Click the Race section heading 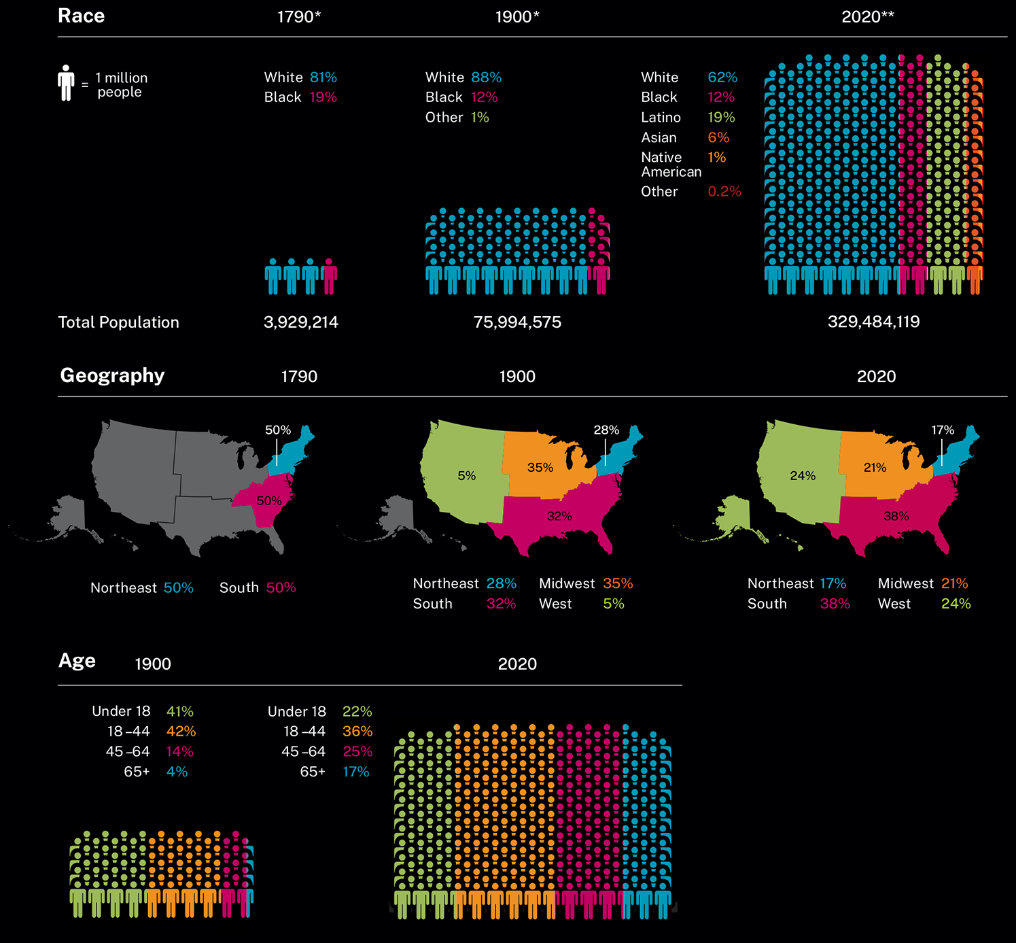tap(81, 16)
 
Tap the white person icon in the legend tap(66, 83)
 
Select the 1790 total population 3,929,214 tap(300, 322)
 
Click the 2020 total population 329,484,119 tap(873, 322)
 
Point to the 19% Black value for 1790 tap(323, 97)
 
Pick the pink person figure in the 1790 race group tap(330, 277)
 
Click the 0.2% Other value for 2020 tap(724, 192)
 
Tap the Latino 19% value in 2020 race tap(721, 118)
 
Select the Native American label tap(670, 165)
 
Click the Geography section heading tap(112, 375)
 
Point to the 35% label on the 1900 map tap(540, 468)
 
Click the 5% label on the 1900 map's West tap(466, 476)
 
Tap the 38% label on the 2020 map tap(896, 517)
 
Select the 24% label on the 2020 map tap(803, 476)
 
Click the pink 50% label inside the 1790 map tap(268, 501)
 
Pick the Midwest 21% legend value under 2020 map tap(954, 583)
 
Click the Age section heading tap(77, 661)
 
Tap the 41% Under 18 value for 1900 tap(179, 711)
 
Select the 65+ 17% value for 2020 tap(355, 772)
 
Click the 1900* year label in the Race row tap(516, 17)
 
